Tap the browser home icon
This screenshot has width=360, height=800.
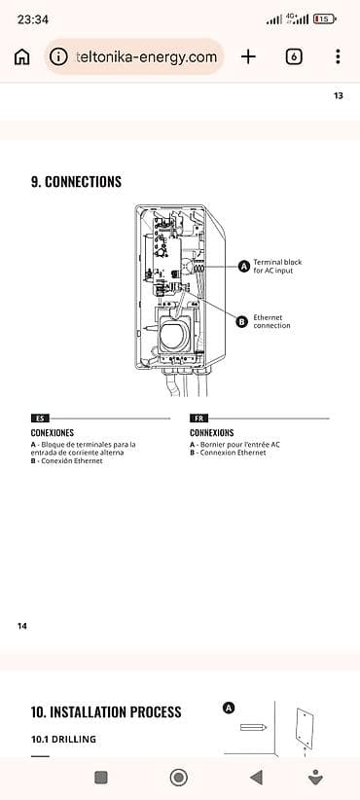coord(21,56)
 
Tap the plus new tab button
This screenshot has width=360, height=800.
coord(248,56)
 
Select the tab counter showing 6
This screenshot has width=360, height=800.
coord(294,56)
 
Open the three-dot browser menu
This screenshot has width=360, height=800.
coord(338,56)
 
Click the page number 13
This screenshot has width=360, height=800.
coord(338,95)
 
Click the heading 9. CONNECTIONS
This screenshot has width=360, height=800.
coord(77,182)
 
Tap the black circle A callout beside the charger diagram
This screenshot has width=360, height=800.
coord(243,266)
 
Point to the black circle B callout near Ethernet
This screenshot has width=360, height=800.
coord(242,321)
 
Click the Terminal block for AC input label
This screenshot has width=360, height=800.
coord(273,266)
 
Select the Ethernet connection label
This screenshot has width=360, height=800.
coord(271,321)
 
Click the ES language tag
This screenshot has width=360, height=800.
coord(39,418)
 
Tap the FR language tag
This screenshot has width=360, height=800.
coord(198,418)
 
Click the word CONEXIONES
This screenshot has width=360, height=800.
coord(53,432)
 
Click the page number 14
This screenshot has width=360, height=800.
coord(22,626)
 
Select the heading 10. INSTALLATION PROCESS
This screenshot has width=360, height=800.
coord(106,712)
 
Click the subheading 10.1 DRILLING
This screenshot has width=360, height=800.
coord(64,740)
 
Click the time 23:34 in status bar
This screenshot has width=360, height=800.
coord(33,18)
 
